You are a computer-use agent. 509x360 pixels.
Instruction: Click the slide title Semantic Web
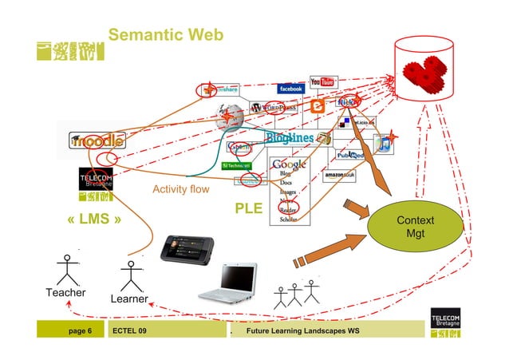(x=166, y=35)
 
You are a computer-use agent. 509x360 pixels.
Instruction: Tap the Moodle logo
(x=97, y=140)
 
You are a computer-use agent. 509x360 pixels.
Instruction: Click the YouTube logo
(x=322, y=82)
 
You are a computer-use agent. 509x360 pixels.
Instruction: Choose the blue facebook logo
(x=290, y=89)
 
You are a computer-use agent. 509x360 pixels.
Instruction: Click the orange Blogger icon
(x=317, y=106)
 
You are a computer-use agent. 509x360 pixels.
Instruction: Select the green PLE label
(x=248, y=208)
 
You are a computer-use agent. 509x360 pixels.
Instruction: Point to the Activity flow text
(x=180, y=190)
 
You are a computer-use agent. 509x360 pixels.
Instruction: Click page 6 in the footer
(x=81, y=330)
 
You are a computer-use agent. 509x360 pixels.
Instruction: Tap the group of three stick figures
(x=296, y=295)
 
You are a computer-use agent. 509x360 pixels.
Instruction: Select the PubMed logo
(x=349, y=155)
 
